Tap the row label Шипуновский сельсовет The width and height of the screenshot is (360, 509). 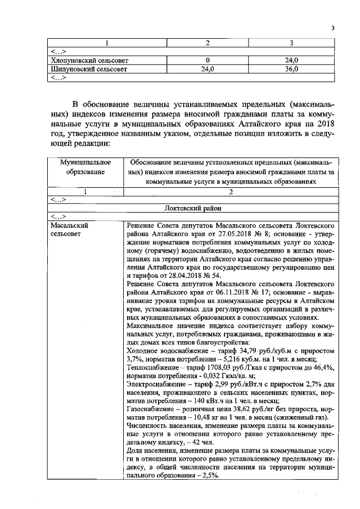click(88, 69)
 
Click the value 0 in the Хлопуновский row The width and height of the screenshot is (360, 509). click(208, 60)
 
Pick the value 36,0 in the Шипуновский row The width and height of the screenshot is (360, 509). click(291, 69)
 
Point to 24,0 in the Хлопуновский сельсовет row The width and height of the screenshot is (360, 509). click(291, 60)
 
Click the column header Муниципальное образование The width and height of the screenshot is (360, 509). click(85, 167)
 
